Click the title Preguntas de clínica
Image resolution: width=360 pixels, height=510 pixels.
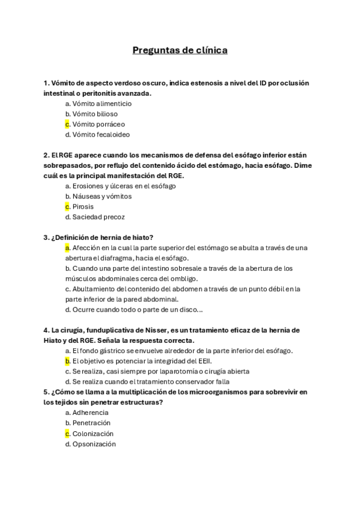(x=180, y=51)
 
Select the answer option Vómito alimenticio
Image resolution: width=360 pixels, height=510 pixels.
(x=102, y=103)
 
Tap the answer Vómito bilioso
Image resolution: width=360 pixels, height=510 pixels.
(x=95, y=114)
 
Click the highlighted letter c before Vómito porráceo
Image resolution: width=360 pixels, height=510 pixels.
(x=68, y=124)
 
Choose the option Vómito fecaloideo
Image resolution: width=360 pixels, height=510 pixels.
(x=100, y=135)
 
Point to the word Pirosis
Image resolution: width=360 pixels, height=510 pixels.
(x=83, y=206)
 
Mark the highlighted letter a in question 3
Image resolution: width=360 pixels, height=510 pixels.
(x=68, y=248)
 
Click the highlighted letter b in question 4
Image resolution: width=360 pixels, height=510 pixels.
(x=68, y=361)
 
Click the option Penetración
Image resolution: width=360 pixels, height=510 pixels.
(x=91, y=423)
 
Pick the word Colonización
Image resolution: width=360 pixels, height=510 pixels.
(x=93, y=434)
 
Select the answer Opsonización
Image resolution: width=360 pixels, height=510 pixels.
(x=94, y=444)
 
